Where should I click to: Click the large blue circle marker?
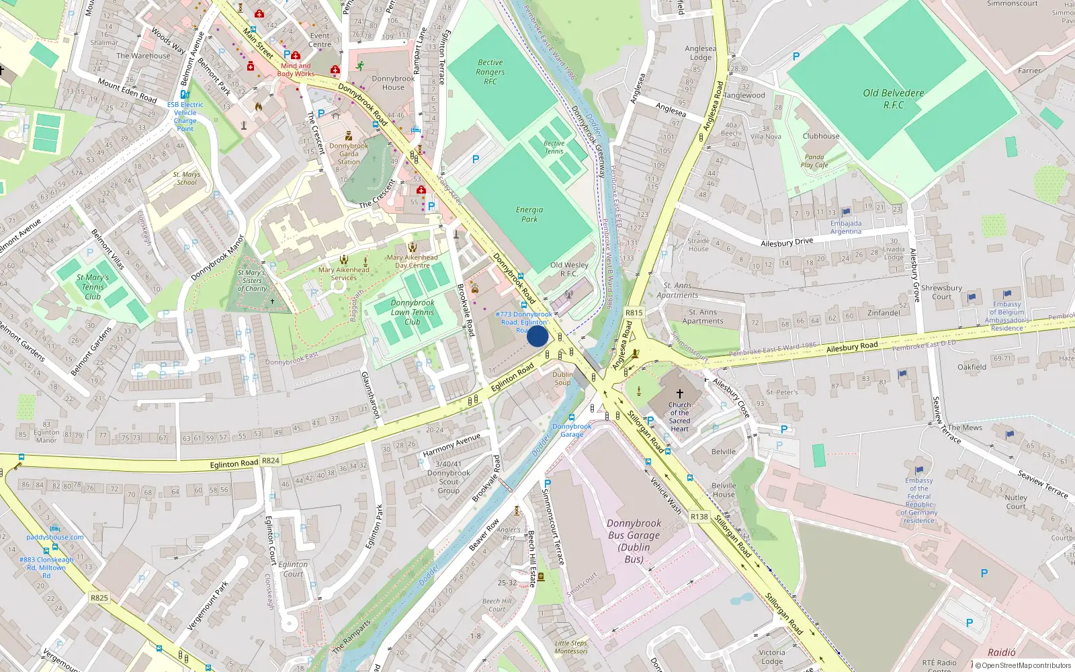pyautogui.click(x=537, y=336)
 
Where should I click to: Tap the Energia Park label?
pyautogui.click(x=529, y=214)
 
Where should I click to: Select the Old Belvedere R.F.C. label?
pyautogui.click(x=894, y=99)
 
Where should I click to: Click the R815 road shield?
pyautogui.click(x=634, y=312)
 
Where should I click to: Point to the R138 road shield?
pyautogui.click(x=699, y=517)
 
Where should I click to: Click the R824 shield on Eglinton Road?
pyautogui.click(x=271, y=461)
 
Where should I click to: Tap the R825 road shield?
pyautogui.click(x=99, y=597)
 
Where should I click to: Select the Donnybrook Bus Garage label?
pyautogui.click(x=634, y=541)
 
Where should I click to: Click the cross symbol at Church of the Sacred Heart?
pyautogui.click(x=679, y=394)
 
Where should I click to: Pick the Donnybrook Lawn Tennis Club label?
pyautogui.click(x=413, y=312)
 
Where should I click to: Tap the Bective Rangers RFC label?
pyautogui.click(x=490, y=72)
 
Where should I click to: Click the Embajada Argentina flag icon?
pyautogui.click(x=846, y=212)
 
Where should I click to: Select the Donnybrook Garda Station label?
pyautogui.click(x=349, y=154)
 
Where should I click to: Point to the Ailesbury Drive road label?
pyautogui.click(x=787, y=242)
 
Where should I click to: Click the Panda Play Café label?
pyautogui.click(x=814, y=161)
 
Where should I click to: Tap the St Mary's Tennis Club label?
pyautogui.click(x=93, y=287)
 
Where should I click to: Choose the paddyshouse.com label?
pyautogui.click(x=55, y=537)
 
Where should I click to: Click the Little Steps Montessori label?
pyautogui.click(x=571, y=647)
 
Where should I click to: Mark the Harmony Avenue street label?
pyautogui.click(x=451, y=445)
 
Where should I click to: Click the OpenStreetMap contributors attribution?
pyautogui.click(x=1023, y=665)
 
